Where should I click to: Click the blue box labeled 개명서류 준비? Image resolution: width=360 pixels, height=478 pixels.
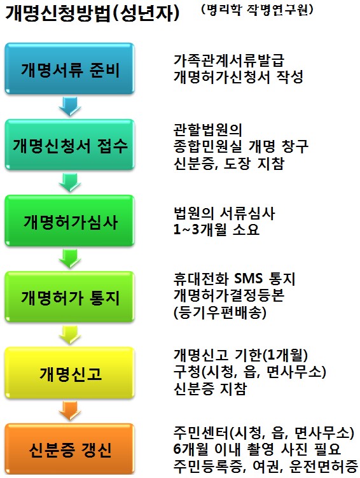tap(69, 68)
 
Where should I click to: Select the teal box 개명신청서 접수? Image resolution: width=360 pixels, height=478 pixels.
tap(69, 144)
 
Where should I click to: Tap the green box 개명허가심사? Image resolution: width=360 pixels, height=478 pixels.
tap(69, 220)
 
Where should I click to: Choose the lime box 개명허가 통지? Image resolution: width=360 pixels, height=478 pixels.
tap(69, 297)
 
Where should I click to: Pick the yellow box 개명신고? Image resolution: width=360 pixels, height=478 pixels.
tap(69, 372)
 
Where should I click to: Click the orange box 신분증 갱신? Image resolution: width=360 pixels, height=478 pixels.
tap(69, 449)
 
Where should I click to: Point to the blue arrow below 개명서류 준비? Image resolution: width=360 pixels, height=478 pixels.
tap(70, 106)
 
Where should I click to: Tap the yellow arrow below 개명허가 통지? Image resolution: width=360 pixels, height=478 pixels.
tap(70, 335)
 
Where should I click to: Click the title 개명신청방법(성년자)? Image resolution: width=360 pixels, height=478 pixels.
tap(92, 13)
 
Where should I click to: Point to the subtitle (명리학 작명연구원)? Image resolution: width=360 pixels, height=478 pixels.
tap(257, 10)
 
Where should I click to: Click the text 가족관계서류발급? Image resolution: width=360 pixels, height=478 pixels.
tap(229, 60)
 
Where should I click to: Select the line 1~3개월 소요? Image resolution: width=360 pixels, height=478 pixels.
tap(216, 230)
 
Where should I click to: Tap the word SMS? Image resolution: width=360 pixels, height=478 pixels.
tap(249, 278)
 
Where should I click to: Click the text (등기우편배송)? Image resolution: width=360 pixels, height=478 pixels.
tap(220, 313)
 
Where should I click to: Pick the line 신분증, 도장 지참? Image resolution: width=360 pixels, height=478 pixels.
tap(229, 163)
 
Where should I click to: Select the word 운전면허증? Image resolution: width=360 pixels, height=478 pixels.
tap(324, 465)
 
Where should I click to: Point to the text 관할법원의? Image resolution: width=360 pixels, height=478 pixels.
tap(208, 130)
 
